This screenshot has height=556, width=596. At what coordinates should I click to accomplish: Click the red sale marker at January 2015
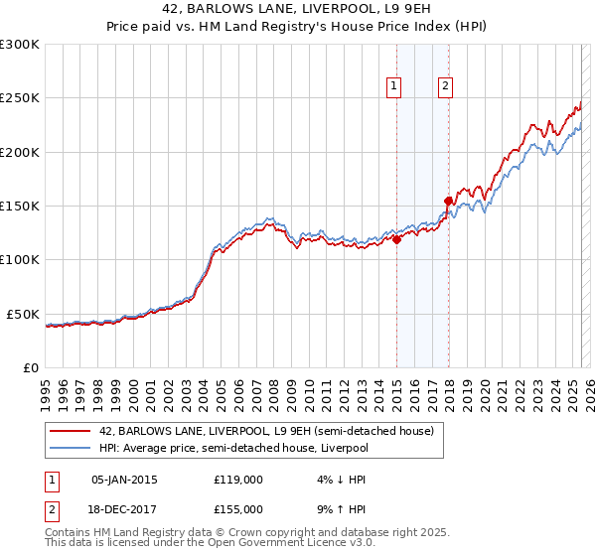coord(396,238)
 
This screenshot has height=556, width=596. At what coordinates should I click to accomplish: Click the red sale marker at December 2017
coord(448,201)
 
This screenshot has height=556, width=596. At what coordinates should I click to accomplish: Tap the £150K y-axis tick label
coord(20,206)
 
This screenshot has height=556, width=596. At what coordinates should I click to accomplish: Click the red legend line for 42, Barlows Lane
coord(71,432)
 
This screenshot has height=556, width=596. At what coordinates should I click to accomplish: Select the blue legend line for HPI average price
coord(71,448)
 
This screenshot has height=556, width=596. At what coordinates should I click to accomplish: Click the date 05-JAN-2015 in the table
coord(124,480)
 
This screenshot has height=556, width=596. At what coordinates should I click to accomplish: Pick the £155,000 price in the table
coord(238,508)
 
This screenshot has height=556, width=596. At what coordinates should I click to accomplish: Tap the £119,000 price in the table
coord(238,480)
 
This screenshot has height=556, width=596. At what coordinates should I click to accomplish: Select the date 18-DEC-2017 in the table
coord(124,508)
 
